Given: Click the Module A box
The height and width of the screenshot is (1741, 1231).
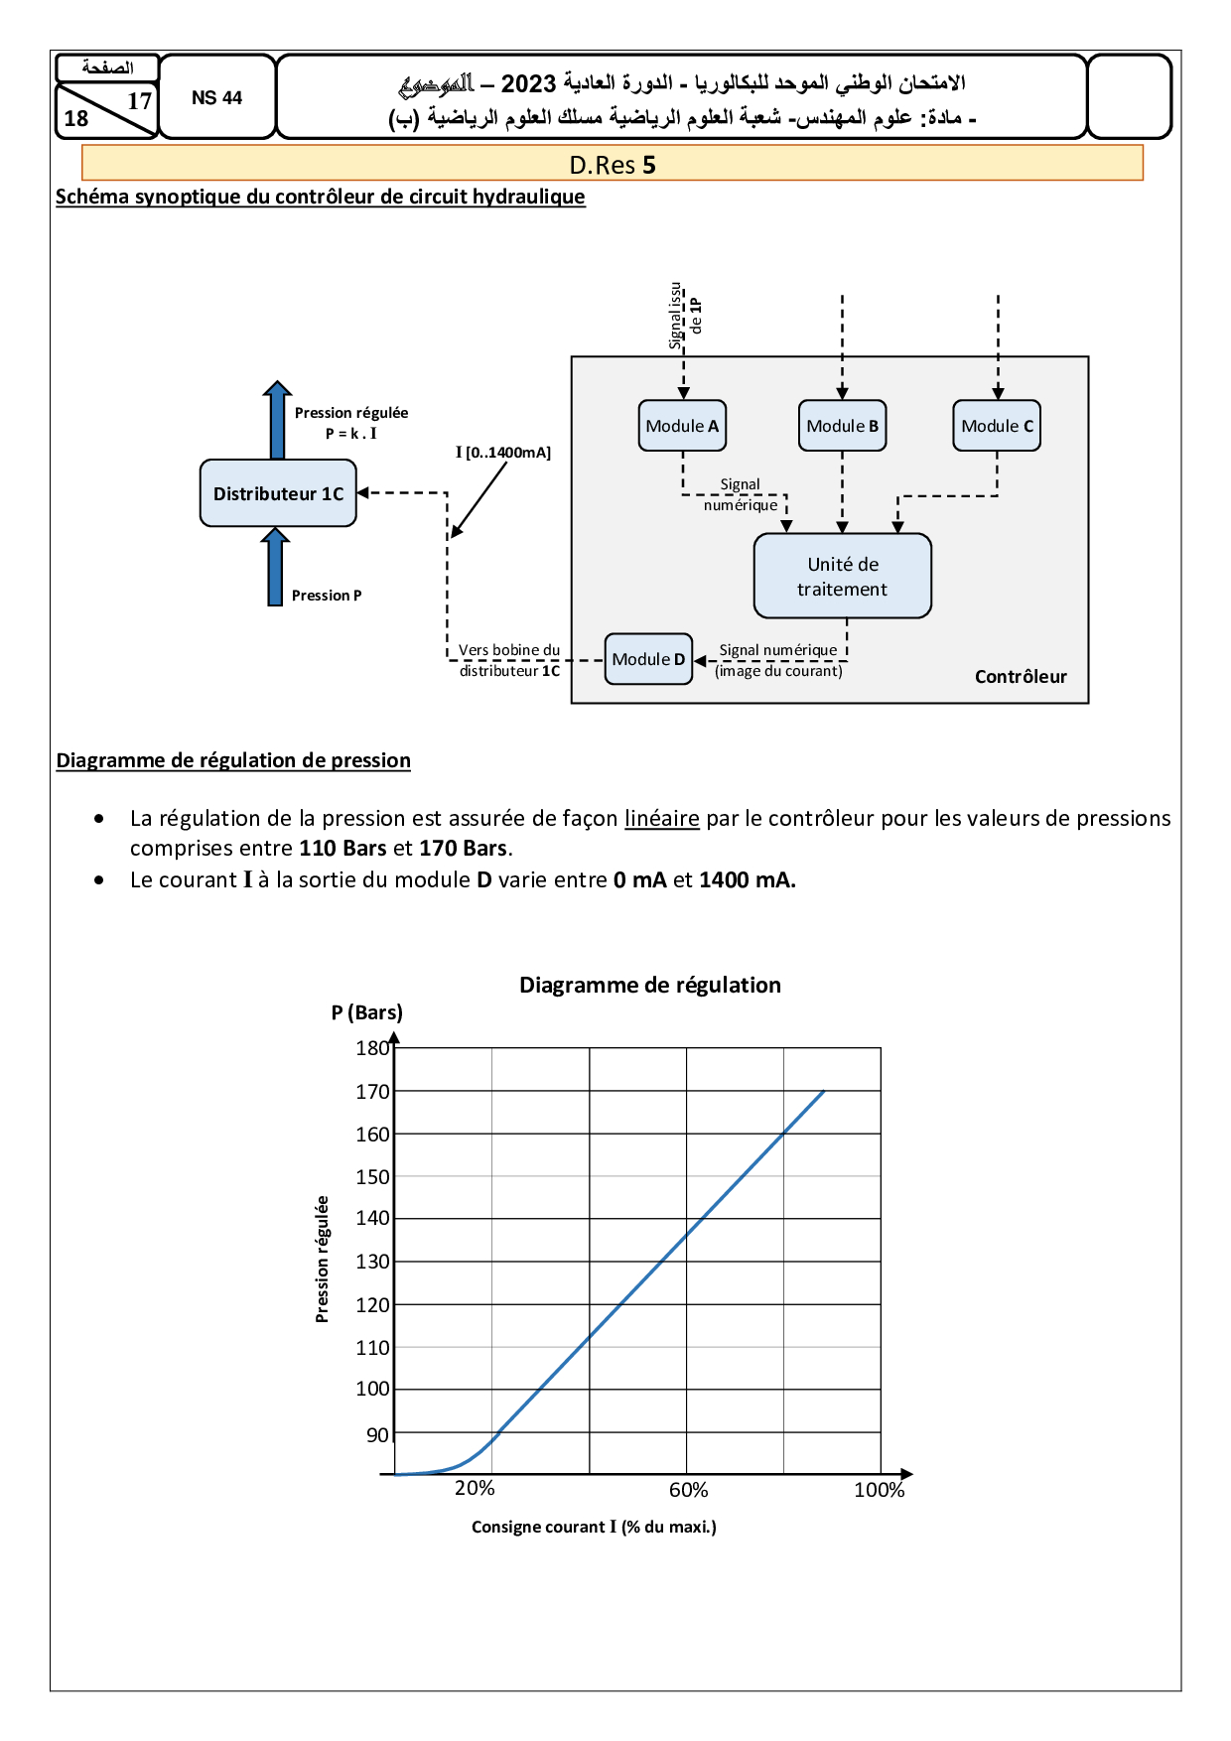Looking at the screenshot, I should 682,426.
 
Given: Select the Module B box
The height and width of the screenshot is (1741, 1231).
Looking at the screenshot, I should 842,426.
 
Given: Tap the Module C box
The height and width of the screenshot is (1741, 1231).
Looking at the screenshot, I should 997,426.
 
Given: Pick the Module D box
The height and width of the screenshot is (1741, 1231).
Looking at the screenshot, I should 648,659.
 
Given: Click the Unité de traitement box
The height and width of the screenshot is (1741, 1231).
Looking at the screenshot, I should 842,577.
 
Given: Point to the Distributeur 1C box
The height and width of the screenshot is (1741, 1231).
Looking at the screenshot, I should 278,493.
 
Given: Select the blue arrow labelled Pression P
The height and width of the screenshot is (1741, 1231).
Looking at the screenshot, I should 275,567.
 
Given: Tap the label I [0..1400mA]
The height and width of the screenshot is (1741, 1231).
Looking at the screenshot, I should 502,453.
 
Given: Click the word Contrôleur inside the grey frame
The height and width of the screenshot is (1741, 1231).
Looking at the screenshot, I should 1021,677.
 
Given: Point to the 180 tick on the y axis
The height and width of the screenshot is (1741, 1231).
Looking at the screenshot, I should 372,1048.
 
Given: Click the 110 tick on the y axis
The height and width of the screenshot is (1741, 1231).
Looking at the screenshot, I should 372,1348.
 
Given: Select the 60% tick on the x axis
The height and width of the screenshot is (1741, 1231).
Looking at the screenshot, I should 688,1490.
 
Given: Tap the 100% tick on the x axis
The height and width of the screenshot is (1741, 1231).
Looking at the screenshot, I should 879,1490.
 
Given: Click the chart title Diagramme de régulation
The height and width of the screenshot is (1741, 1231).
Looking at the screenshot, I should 650,985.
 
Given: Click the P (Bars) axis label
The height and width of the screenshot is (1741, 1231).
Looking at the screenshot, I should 367,1012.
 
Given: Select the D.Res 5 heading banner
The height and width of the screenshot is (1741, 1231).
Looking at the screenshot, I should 613,164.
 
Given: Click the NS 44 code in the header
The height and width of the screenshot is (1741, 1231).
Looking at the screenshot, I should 216,98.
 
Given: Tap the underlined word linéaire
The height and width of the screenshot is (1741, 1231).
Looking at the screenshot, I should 661,819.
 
